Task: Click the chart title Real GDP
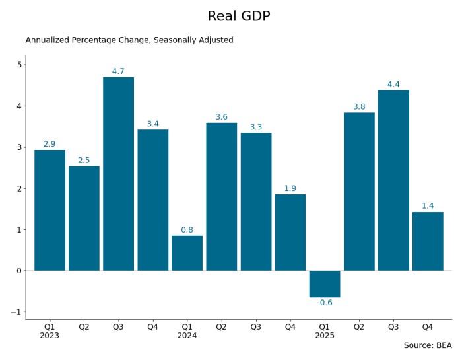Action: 239,17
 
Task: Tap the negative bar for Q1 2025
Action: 325,284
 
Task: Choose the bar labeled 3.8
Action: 359,192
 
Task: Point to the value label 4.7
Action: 118,71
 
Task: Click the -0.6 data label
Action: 325,303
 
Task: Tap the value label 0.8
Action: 187,230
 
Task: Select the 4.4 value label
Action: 393,85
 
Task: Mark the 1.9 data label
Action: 290,188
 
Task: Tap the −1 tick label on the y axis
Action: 17,312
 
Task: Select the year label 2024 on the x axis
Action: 187,336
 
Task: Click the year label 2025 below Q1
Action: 325,336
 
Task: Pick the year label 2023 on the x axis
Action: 49,336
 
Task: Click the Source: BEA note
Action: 428,345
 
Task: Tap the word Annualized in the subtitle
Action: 47,40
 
